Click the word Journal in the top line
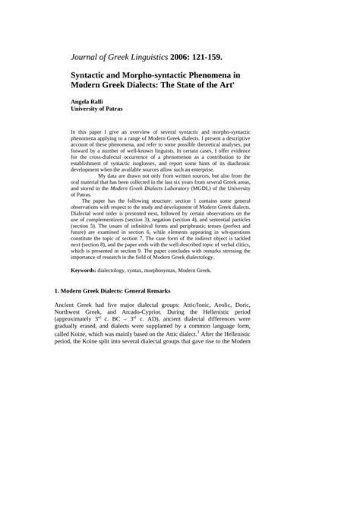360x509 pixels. tap(90, 55)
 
